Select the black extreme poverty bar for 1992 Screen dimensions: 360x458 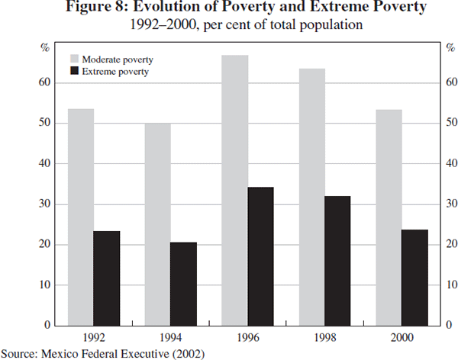coord(107,278)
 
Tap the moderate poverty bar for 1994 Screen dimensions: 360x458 coord(158,224)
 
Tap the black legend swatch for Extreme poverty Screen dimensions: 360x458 coord(75,71)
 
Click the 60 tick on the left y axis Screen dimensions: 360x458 coord(45,82)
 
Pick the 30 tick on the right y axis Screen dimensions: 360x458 coord(451,204)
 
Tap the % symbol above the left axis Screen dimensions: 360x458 coord(45,48)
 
